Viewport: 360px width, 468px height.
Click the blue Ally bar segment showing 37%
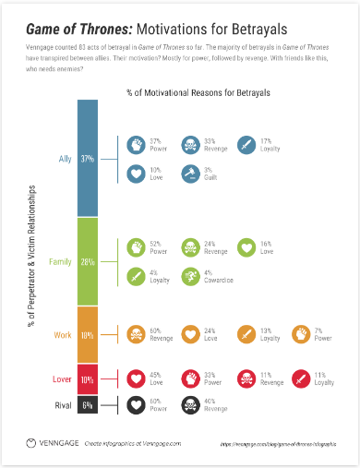[x=88, y=159]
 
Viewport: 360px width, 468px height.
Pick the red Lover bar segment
[x=88, y=379]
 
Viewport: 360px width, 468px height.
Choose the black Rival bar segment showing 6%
[x=88, y=405]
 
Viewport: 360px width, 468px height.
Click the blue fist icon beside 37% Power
[x=136, y=145]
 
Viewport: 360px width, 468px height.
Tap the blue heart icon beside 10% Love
[x=136, y=173]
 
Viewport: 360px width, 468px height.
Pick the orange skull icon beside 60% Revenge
[x=136, y=334]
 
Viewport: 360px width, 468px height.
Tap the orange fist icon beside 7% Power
[x=301, y=334]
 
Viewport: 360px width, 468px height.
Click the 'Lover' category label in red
[x=56, y=379]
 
